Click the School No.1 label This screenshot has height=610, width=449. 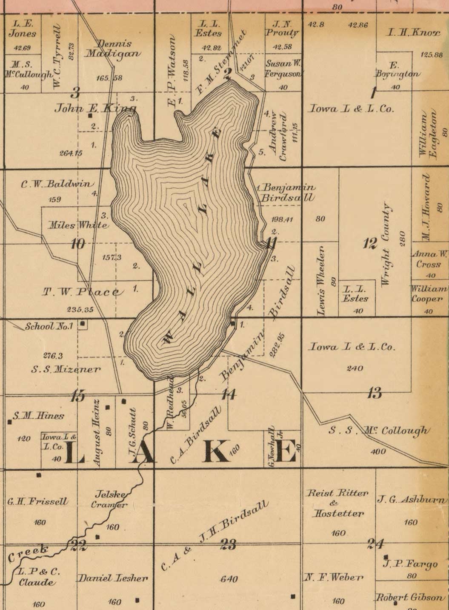tap(49, 327)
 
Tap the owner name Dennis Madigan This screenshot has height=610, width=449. tap(113, 49)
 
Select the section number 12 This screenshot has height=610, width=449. tap(370, 244)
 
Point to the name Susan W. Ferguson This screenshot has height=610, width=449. tap(283, 69)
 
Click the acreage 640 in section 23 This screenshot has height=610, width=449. tap(229, 579)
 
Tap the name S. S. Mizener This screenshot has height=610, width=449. tap(66, 369)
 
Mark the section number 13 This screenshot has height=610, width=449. tap(374, 392)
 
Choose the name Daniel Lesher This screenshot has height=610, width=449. tap(112, 578)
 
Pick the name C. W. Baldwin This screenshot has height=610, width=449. tap(57, 184)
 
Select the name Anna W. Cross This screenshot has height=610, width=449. tap(429, 259)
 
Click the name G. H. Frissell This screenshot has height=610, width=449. tap(37, 501)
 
